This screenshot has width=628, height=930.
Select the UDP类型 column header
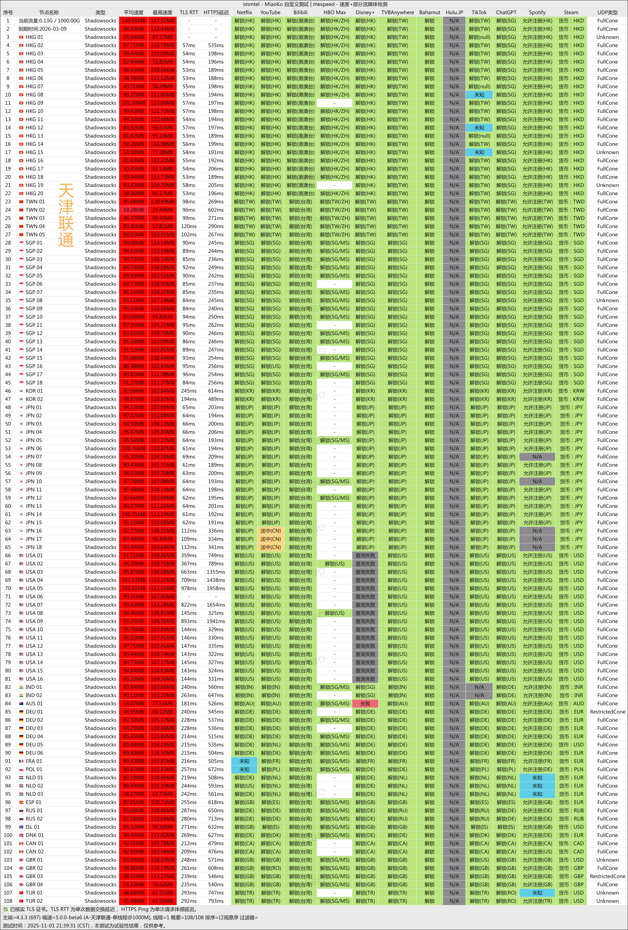point(607,12)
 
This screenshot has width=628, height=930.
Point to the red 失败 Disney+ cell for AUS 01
point(365,703)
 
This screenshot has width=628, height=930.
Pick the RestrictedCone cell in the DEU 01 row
point(607,712)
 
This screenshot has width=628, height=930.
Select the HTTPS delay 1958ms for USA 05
point(216,588)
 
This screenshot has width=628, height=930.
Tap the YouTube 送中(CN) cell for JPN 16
point(270,531)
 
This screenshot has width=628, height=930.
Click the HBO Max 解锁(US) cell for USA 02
point(334,563)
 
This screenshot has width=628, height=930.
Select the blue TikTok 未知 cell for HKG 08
point(479,95)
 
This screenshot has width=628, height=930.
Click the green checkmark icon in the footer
point(6,909)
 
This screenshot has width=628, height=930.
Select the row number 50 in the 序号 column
point(8,424)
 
